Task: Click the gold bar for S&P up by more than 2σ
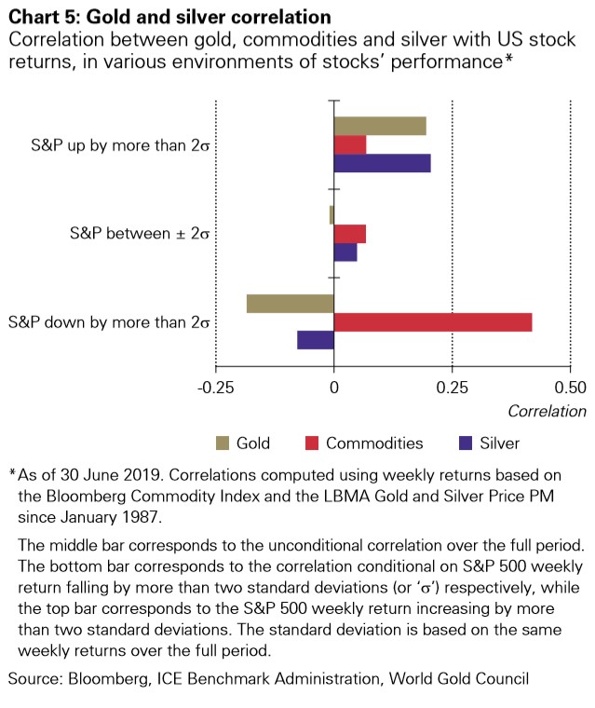(380, 126)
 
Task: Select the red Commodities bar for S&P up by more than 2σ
(350, 144)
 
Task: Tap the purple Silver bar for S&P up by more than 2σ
(382, 163)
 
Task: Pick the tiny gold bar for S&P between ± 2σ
(331, 215)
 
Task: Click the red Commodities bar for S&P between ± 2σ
(350, 233)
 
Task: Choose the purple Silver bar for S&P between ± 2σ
(345, 252)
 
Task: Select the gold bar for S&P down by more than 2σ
(291, 304)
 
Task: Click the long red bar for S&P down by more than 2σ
(433, 322)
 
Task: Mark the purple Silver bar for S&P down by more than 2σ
(316, 340)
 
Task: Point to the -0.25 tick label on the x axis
(216, 387)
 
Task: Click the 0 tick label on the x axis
(333, 387)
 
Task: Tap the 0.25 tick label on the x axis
(453, 387)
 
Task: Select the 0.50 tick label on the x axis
(570, 387)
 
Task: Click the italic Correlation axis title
(547, 411)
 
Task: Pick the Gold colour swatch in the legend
(222, 442)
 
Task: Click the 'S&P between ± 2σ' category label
(140, 232)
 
